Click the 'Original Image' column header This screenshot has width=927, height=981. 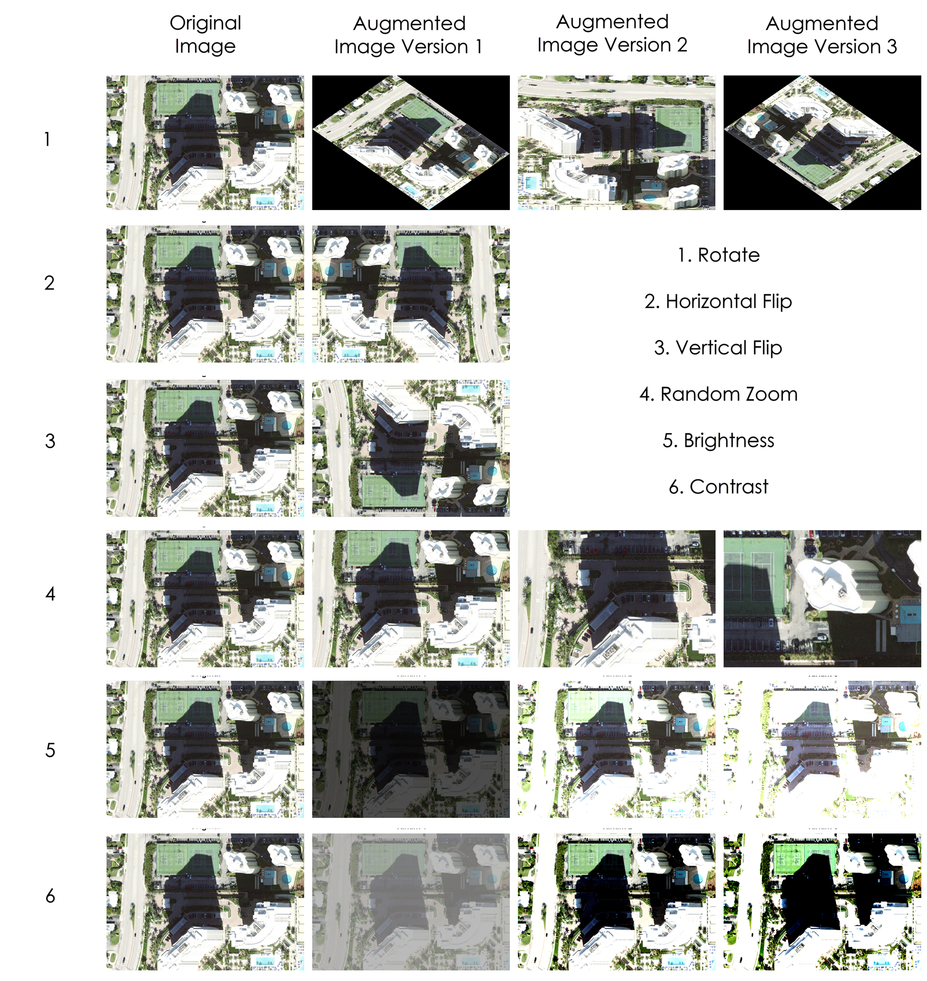pos(205,34)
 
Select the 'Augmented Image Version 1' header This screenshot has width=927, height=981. pos(409,35)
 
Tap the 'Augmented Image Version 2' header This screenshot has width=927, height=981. pos(612,33)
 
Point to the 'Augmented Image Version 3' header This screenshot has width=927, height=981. pos(822,35)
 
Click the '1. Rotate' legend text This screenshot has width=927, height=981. pos(718,255)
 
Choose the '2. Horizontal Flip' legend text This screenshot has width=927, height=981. pos(718,301)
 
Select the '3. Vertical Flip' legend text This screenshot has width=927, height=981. pos(718,348)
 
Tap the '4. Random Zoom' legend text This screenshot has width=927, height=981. pos(718,394)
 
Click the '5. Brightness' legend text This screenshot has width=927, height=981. pos(718,440)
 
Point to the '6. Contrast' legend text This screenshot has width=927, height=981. pos(718,487)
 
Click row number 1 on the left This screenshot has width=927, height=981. pos(47,140)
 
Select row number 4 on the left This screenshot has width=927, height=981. pos(50,593)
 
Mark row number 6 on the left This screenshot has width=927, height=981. pos(50,896)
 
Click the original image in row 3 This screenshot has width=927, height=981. pos(205,448)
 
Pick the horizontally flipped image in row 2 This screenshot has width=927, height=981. pos(411,294)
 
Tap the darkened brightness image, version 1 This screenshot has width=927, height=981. pos(411,749)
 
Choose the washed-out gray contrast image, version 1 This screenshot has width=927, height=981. pos(411,902)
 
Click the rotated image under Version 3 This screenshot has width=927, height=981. pos(822,143)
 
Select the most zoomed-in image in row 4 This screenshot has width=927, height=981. pos(822,599)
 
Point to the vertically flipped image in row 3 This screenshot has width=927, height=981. pos(411,448)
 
